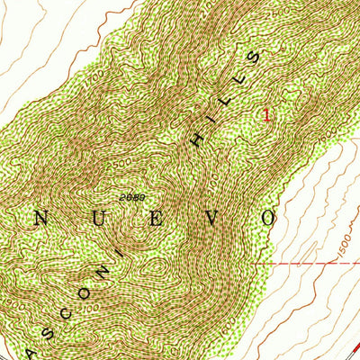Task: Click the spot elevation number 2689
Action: (131, 197)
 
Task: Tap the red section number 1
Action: (265, 114)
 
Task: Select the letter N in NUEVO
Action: (41, 218)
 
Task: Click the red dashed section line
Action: (306, 264)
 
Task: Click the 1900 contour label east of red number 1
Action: (335, 132)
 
